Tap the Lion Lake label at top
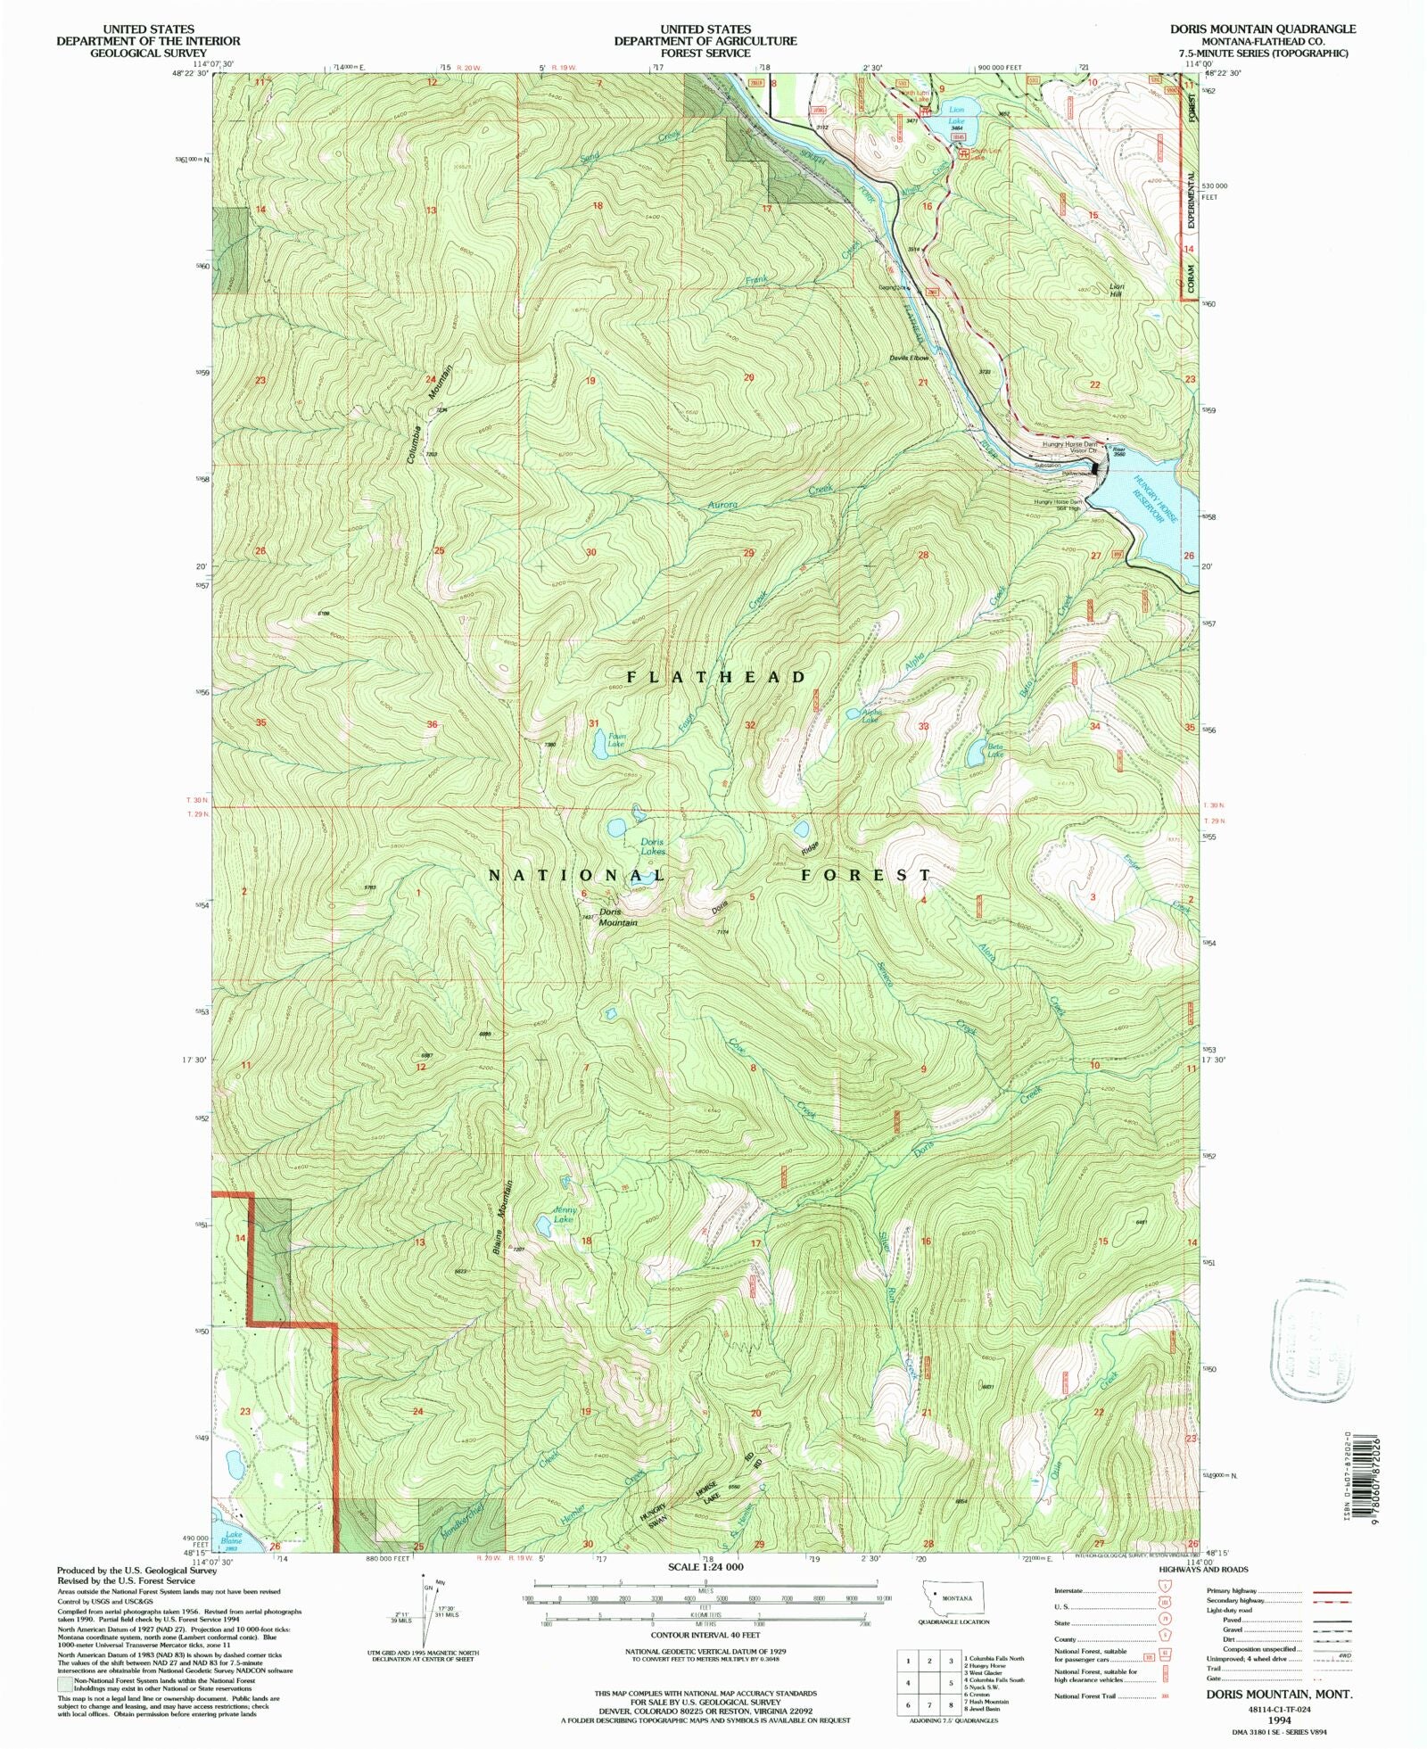956,115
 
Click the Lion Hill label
1117,290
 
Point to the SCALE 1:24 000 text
705,1566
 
